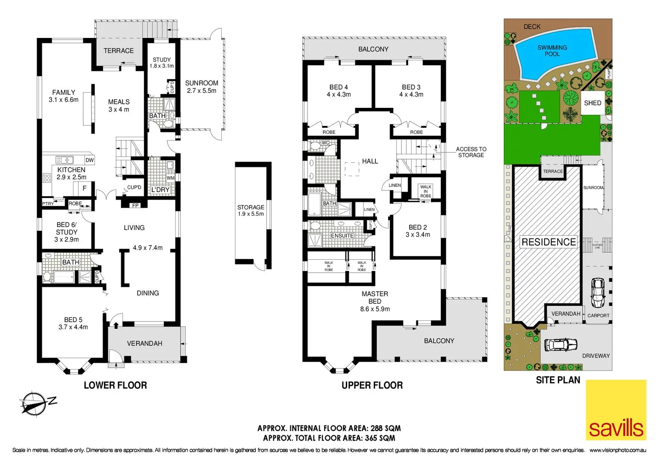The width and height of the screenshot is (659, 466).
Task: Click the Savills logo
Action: (616, 410)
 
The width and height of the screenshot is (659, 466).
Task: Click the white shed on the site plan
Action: (593, 103)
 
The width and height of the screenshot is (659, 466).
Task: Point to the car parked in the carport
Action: (597, 292)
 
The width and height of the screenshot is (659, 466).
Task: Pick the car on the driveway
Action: (560, 345)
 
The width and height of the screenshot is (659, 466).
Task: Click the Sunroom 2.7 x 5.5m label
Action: (201, 87)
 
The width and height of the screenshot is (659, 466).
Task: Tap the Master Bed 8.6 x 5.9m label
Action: (375, 301)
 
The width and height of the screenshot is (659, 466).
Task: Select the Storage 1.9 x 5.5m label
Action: (251, 211)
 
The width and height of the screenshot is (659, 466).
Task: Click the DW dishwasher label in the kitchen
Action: (90, 160)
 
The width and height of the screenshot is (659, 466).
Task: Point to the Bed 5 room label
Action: (73, 323)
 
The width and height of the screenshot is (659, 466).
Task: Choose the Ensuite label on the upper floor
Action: (342, 236)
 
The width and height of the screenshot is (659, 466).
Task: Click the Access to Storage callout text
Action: (471, 152)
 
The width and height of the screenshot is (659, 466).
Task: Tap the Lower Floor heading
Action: (115, 385)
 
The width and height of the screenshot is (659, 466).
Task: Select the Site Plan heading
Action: (558, 380)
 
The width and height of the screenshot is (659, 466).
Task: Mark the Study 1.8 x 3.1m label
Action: (162, 63)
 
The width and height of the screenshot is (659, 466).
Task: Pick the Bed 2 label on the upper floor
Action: (417, 231)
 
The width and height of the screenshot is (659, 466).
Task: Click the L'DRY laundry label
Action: (160, 190)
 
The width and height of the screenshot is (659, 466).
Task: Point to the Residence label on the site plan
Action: (549, 242)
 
